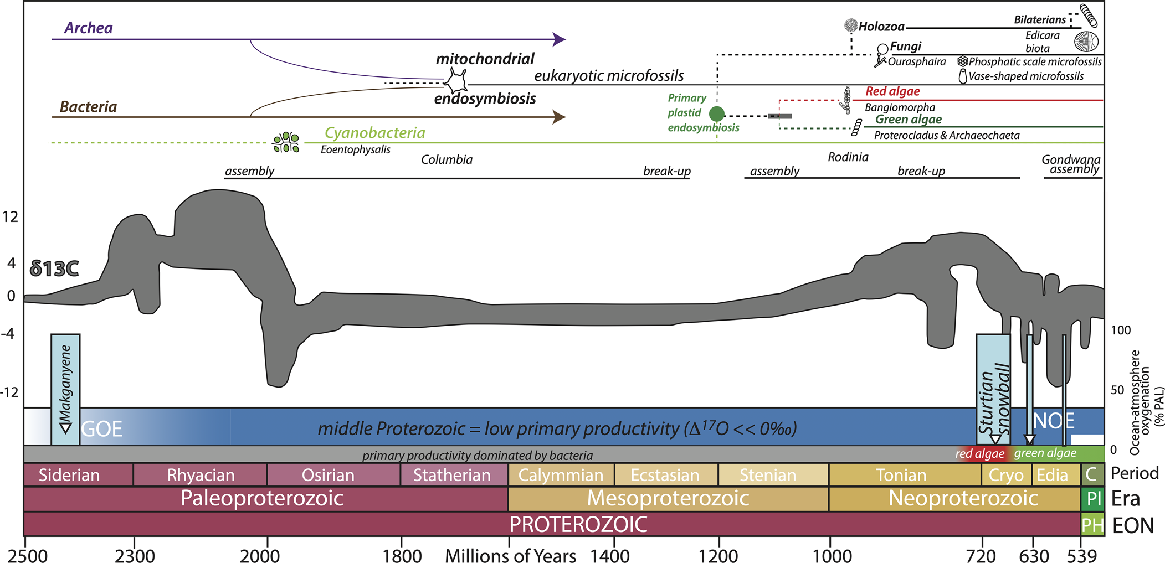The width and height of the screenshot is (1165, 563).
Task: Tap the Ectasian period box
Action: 665,475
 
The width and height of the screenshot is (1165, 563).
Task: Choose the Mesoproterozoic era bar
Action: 668,498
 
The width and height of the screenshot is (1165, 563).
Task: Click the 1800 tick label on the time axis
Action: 402,555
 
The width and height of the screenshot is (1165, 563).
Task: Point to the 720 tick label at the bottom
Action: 981,555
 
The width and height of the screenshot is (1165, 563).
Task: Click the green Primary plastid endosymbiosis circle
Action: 717,114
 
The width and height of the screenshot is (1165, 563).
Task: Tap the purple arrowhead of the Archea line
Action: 560,39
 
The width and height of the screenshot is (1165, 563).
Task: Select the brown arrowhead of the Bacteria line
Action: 560,117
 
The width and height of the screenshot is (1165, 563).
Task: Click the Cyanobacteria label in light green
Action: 374,133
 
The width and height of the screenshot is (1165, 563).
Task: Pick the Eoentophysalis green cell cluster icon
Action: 286,142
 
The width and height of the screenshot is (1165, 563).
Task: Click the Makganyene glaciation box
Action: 65,388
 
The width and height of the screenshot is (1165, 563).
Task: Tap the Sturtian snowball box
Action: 993,388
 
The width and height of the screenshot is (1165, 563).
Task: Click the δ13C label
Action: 54,268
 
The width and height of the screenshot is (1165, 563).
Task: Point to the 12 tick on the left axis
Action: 10,216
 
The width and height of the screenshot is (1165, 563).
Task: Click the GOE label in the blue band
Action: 102,429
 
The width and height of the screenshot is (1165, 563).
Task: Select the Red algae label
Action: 892,91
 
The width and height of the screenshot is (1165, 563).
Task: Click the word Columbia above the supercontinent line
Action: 447,160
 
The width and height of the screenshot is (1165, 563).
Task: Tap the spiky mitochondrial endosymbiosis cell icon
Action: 456,82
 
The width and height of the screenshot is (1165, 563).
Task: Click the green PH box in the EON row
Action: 1092,525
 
